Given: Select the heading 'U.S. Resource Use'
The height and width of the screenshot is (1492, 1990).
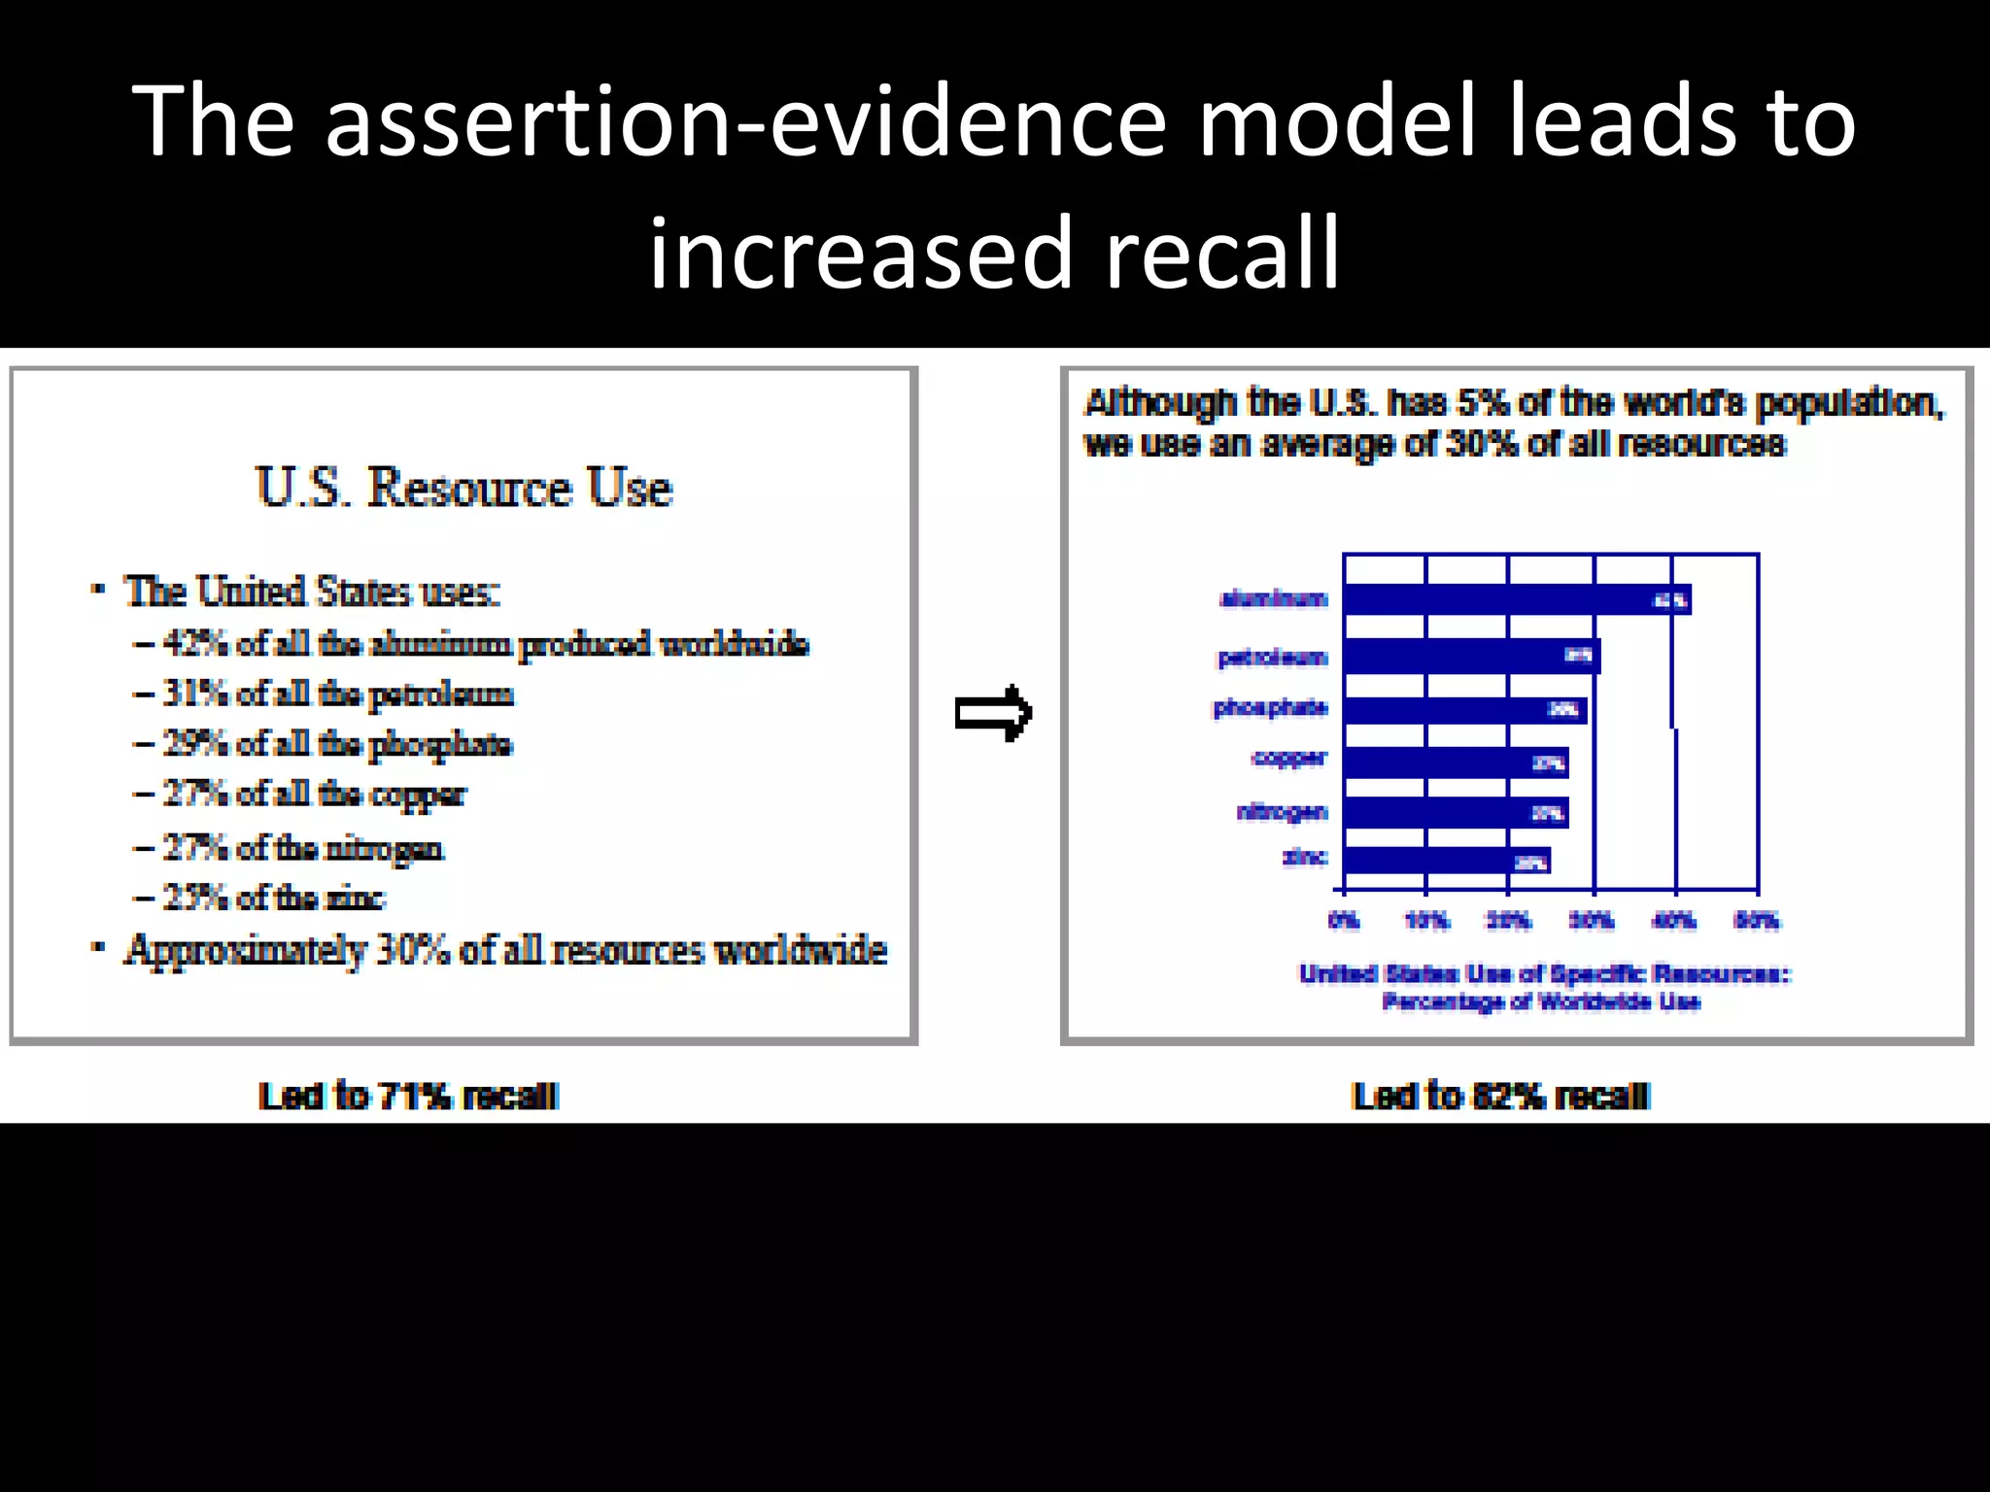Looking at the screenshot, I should pos(463,487).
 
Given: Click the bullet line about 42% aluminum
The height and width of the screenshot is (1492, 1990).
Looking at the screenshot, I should pos(484,644).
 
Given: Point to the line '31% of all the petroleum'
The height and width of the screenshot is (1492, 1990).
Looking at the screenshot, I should pos(337,695).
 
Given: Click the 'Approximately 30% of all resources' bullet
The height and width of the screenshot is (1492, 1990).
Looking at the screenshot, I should pos(505,951).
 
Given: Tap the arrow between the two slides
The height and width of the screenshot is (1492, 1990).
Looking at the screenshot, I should pos(992,713).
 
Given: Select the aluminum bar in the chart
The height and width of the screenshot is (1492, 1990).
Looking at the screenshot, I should pos(1516,600).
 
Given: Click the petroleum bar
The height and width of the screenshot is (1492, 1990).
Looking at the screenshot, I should pos(1471,657).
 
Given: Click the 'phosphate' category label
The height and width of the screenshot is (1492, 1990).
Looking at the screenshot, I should pos(1270,708).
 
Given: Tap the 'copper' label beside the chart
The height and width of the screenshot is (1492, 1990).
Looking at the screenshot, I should pos(1288,759).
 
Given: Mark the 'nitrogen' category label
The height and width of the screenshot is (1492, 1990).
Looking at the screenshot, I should pos(1282,812).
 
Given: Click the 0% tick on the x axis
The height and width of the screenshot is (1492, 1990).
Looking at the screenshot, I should pos(1344,920).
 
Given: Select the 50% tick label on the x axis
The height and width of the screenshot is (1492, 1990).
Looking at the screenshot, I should pos(1757,920).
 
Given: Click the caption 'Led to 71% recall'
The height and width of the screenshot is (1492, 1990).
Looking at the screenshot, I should pos(408,1097).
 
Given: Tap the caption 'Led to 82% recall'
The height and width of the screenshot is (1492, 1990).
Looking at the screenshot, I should pos(1500,1097).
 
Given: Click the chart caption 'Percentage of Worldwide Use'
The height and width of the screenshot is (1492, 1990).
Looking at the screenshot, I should pos(1541,1002).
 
